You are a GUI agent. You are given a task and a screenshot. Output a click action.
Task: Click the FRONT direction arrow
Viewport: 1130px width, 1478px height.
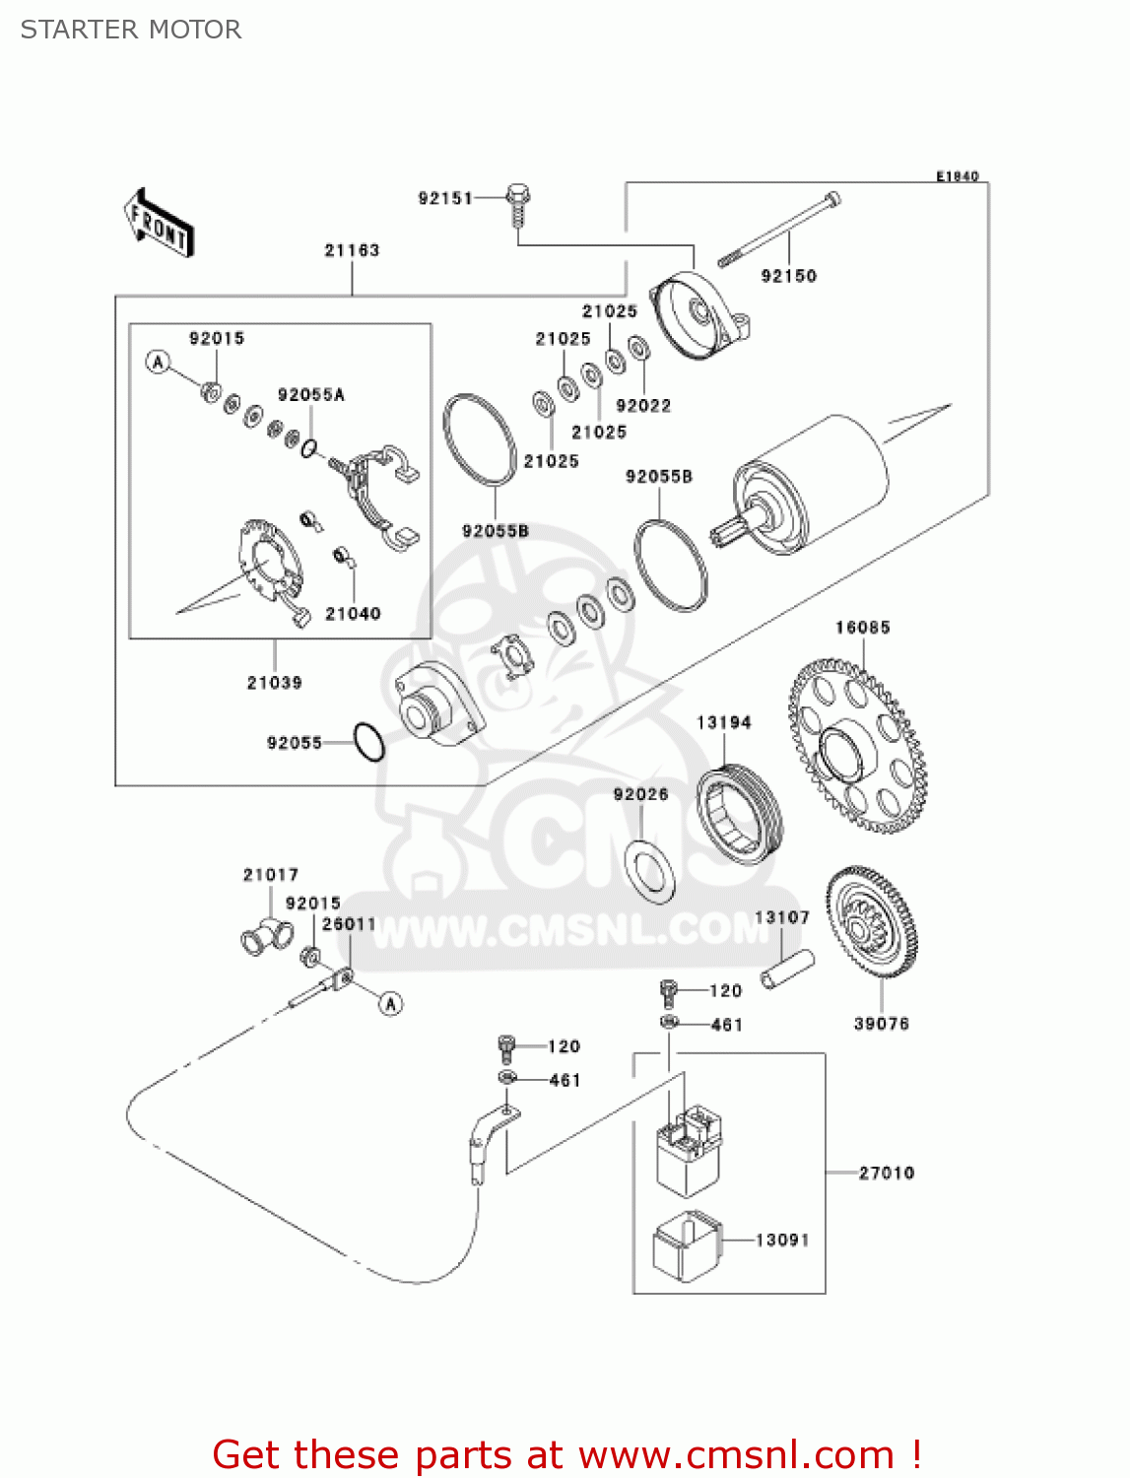pyautogui.click(x=158, y=223)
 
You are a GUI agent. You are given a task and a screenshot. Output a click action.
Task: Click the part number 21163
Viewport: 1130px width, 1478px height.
pyautogui.click(x=352, y=250)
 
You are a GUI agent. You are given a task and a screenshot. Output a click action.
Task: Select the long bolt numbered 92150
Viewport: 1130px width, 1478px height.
pyautogui.click(x=778, y=232)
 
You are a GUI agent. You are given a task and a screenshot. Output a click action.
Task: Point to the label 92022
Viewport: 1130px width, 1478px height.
pyautogui.click(x=643, y=405)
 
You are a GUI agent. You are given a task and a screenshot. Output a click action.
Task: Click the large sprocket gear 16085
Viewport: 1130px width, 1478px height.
pyautogui.click(x=857, y=746)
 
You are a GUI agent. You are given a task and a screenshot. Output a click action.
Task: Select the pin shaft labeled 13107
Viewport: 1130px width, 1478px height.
pyautogui.click(x=787, y=968)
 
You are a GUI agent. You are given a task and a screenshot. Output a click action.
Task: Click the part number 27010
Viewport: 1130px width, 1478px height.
pyautogui.click(x=887, y=1173)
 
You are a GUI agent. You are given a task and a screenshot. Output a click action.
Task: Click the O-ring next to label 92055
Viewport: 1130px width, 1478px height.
pyautogui.click(x=368, y=742)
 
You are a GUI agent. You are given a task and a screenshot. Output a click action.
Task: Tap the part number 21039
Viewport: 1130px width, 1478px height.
pyautogui.click(x=274, y=682)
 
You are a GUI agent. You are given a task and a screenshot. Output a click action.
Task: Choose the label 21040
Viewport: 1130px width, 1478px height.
pyautogui.click(x=353, y=613)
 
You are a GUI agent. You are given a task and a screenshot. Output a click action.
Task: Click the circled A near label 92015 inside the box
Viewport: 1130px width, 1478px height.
pyautogui.click(x=158, y=362)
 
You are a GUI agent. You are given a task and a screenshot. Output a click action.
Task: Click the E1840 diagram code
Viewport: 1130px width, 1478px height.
pyautogui.click(x=957, y=176)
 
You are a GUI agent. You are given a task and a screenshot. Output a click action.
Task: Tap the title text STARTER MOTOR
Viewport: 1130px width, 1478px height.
pyautogui.click(x=131, y=30)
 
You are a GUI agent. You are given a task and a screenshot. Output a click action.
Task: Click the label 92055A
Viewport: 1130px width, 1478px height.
pyautogui.click(x=311, y=394)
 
